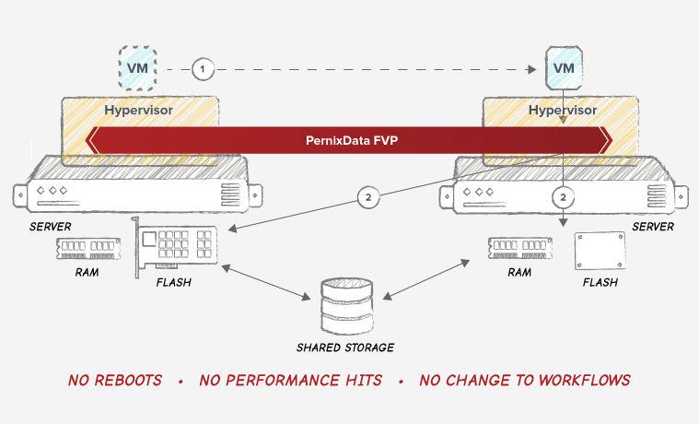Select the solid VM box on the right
[x=563, y=67]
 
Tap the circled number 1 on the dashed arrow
[x=203, y=68]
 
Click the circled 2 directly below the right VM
[x=563, y=197]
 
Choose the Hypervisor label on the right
[x=561, y=110]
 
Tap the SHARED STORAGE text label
[x=345, y=347]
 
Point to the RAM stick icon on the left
[x=89, y=247]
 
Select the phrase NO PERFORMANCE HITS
[x=291, y=380]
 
